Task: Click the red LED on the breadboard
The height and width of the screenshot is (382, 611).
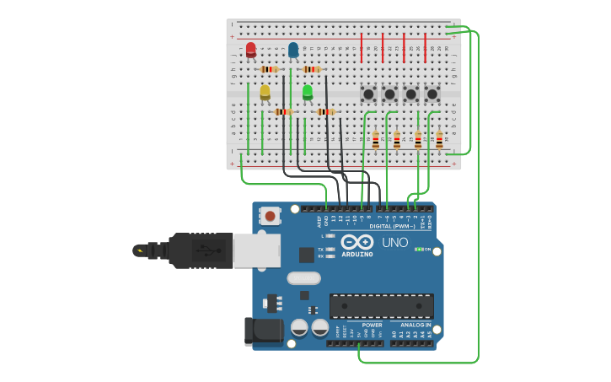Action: tap(250, 50)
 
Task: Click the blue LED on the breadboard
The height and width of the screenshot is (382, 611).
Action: tap(292, 50)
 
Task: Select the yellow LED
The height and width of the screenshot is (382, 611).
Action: tap(265, 91)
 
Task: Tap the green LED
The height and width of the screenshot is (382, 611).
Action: tap(308, 91)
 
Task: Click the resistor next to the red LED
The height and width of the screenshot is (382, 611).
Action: tap(270, 69)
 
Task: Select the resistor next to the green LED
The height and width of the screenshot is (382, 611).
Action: tap(325, 111)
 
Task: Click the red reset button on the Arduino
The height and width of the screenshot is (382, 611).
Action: tap(270, 216)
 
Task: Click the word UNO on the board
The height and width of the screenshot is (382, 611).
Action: tap(395, 243)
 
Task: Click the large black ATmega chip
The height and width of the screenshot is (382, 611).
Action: tap(382, 306)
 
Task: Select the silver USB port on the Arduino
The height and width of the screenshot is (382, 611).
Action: tap(256, 250)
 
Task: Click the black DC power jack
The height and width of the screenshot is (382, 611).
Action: tap(261, 331)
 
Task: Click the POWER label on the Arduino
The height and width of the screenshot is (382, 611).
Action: tap(372, 325)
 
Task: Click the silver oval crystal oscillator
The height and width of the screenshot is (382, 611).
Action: tap(304, 278)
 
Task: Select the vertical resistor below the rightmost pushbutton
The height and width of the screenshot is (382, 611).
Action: tap(439, 140)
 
